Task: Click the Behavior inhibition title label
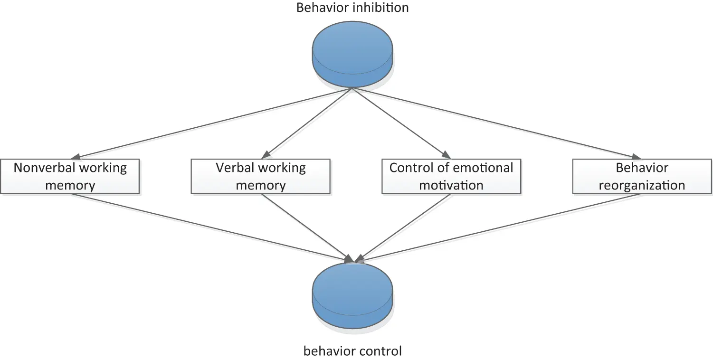click(x=352, y=8)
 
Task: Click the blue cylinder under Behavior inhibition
click(x=352, y=56)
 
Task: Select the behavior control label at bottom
click(x=352, y=351)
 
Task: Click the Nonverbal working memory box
click(x=70, y=176)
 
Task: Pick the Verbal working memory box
click(x=260, y=176)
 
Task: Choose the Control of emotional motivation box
click(x=451, y=176)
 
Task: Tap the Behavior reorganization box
click(x=642, y=176)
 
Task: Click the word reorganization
click(x=642, y=185)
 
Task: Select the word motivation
click(x=451, y=185)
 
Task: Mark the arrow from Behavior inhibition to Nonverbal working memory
click(x=214, y=123)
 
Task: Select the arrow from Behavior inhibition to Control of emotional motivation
click(x=399, y=123)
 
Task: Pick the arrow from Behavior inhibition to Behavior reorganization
click(x=494, y=123)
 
